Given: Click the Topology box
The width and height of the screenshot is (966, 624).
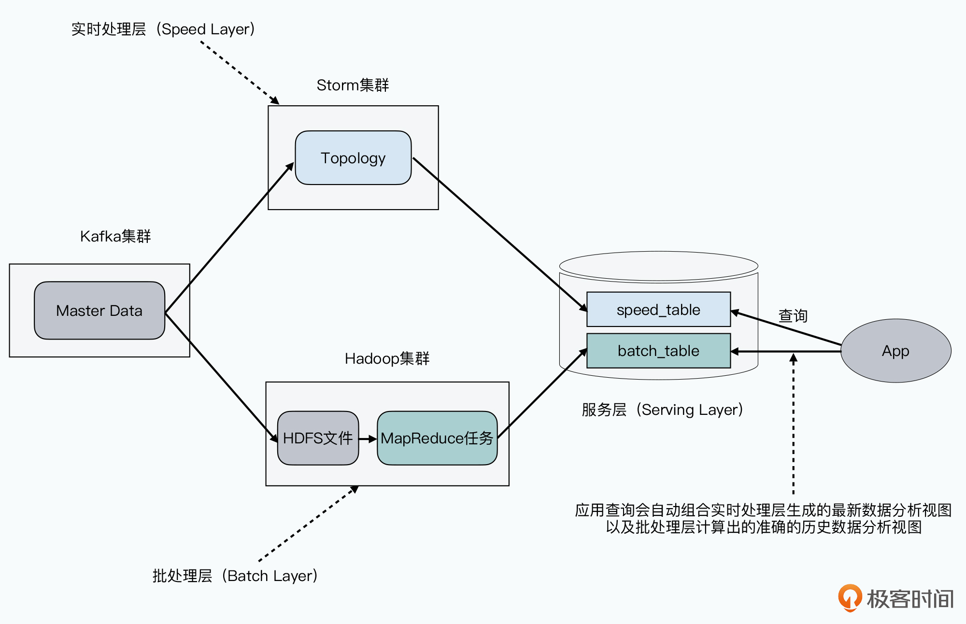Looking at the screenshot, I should click(353, 158).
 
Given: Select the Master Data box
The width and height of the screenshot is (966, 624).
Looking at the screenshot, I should click(99, 311).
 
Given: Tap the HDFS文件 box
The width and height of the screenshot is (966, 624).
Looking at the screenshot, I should click(318, 438).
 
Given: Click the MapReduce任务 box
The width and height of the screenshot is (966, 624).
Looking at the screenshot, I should click(437, 438).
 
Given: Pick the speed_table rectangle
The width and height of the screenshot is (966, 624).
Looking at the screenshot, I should click(658, 310).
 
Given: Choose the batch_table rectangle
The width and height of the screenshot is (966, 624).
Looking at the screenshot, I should click(658, 351).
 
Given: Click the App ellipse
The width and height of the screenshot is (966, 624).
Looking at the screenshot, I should click(895, 351).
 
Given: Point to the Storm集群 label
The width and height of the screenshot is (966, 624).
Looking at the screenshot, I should click(353, 85).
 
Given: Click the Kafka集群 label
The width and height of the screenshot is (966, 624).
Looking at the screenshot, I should click(115, 236).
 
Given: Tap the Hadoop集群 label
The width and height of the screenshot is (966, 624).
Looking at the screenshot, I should click(387, 358).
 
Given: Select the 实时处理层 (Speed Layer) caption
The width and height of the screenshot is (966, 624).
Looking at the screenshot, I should click(163, 29).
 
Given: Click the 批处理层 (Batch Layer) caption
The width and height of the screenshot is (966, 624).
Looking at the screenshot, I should click(235, 576).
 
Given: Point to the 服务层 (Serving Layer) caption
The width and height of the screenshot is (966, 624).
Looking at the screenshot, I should click(662, 410).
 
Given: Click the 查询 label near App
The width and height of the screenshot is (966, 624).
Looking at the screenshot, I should click(793, 316).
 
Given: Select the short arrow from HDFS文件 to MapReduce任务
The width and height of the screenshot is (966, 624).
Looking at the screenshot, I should click(368, 439).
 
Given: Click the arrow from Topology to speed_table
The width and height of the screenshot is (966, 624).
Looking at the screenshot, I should click(500, 234).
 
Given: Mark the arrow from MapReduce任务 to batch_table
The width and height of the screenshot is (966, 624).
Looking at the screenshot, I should click(542, 394).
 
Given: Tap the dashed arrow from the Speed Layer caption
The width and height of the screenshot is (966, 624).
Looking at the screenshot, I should click(240, 72).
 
